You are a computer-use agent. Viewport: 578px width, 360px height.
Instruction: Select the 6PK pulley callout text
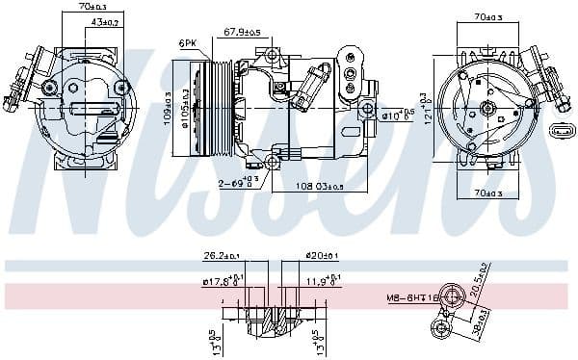coord(187,42)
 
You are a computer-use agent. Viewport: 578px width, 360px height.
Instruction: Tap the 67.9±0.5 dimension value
coord(243,32)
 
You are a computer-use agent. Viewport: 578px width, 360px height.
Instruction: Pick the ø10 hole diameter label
coord(397,116)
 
